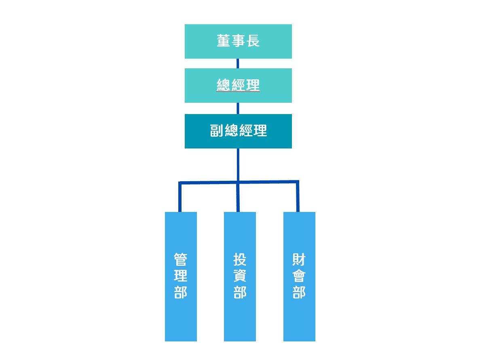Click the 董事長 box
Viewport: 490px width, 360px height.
pos(238,41)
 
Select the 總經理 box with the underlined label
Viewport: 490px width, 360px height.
pos(238,85)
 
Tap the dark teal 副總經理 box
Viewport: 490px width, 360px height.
pos(238,131)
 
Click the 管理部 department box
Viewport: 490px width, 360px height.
pos(181,276)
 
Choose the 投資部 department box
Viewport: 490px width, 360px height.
pos(240,276)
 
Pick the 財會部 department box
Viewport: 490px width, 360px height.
pos(299,276)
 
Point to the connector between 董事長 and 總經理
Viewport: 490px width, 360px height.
pos(238,64)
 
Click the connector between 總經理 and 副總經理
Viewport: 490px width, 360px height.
pos(238,108)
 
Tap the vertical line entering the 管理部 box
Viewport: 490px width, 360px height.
pos(180,197)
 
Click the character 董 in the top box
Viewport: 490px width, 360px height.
pos(223,41)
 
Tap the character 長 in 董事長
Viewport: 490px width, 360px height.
pos(253,41)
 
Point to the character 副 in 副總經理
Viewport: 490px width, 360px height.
pos(216,131)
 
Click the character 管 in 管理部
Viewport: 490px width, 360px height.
pos(180,259)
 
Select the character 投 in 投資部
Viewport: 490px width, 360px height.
pos(240,259)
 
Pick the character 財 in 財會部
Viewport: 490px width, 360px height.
pos(299,259)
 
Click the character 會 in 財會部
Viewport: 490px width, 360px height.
pos(299,276)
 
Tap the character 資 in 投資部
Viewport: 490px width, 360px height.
pos(240,276)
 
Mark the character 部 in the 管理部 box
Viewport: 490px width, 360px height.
pos(180,292)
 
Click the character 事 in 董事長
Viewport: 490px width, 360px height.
pos(238,41)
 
